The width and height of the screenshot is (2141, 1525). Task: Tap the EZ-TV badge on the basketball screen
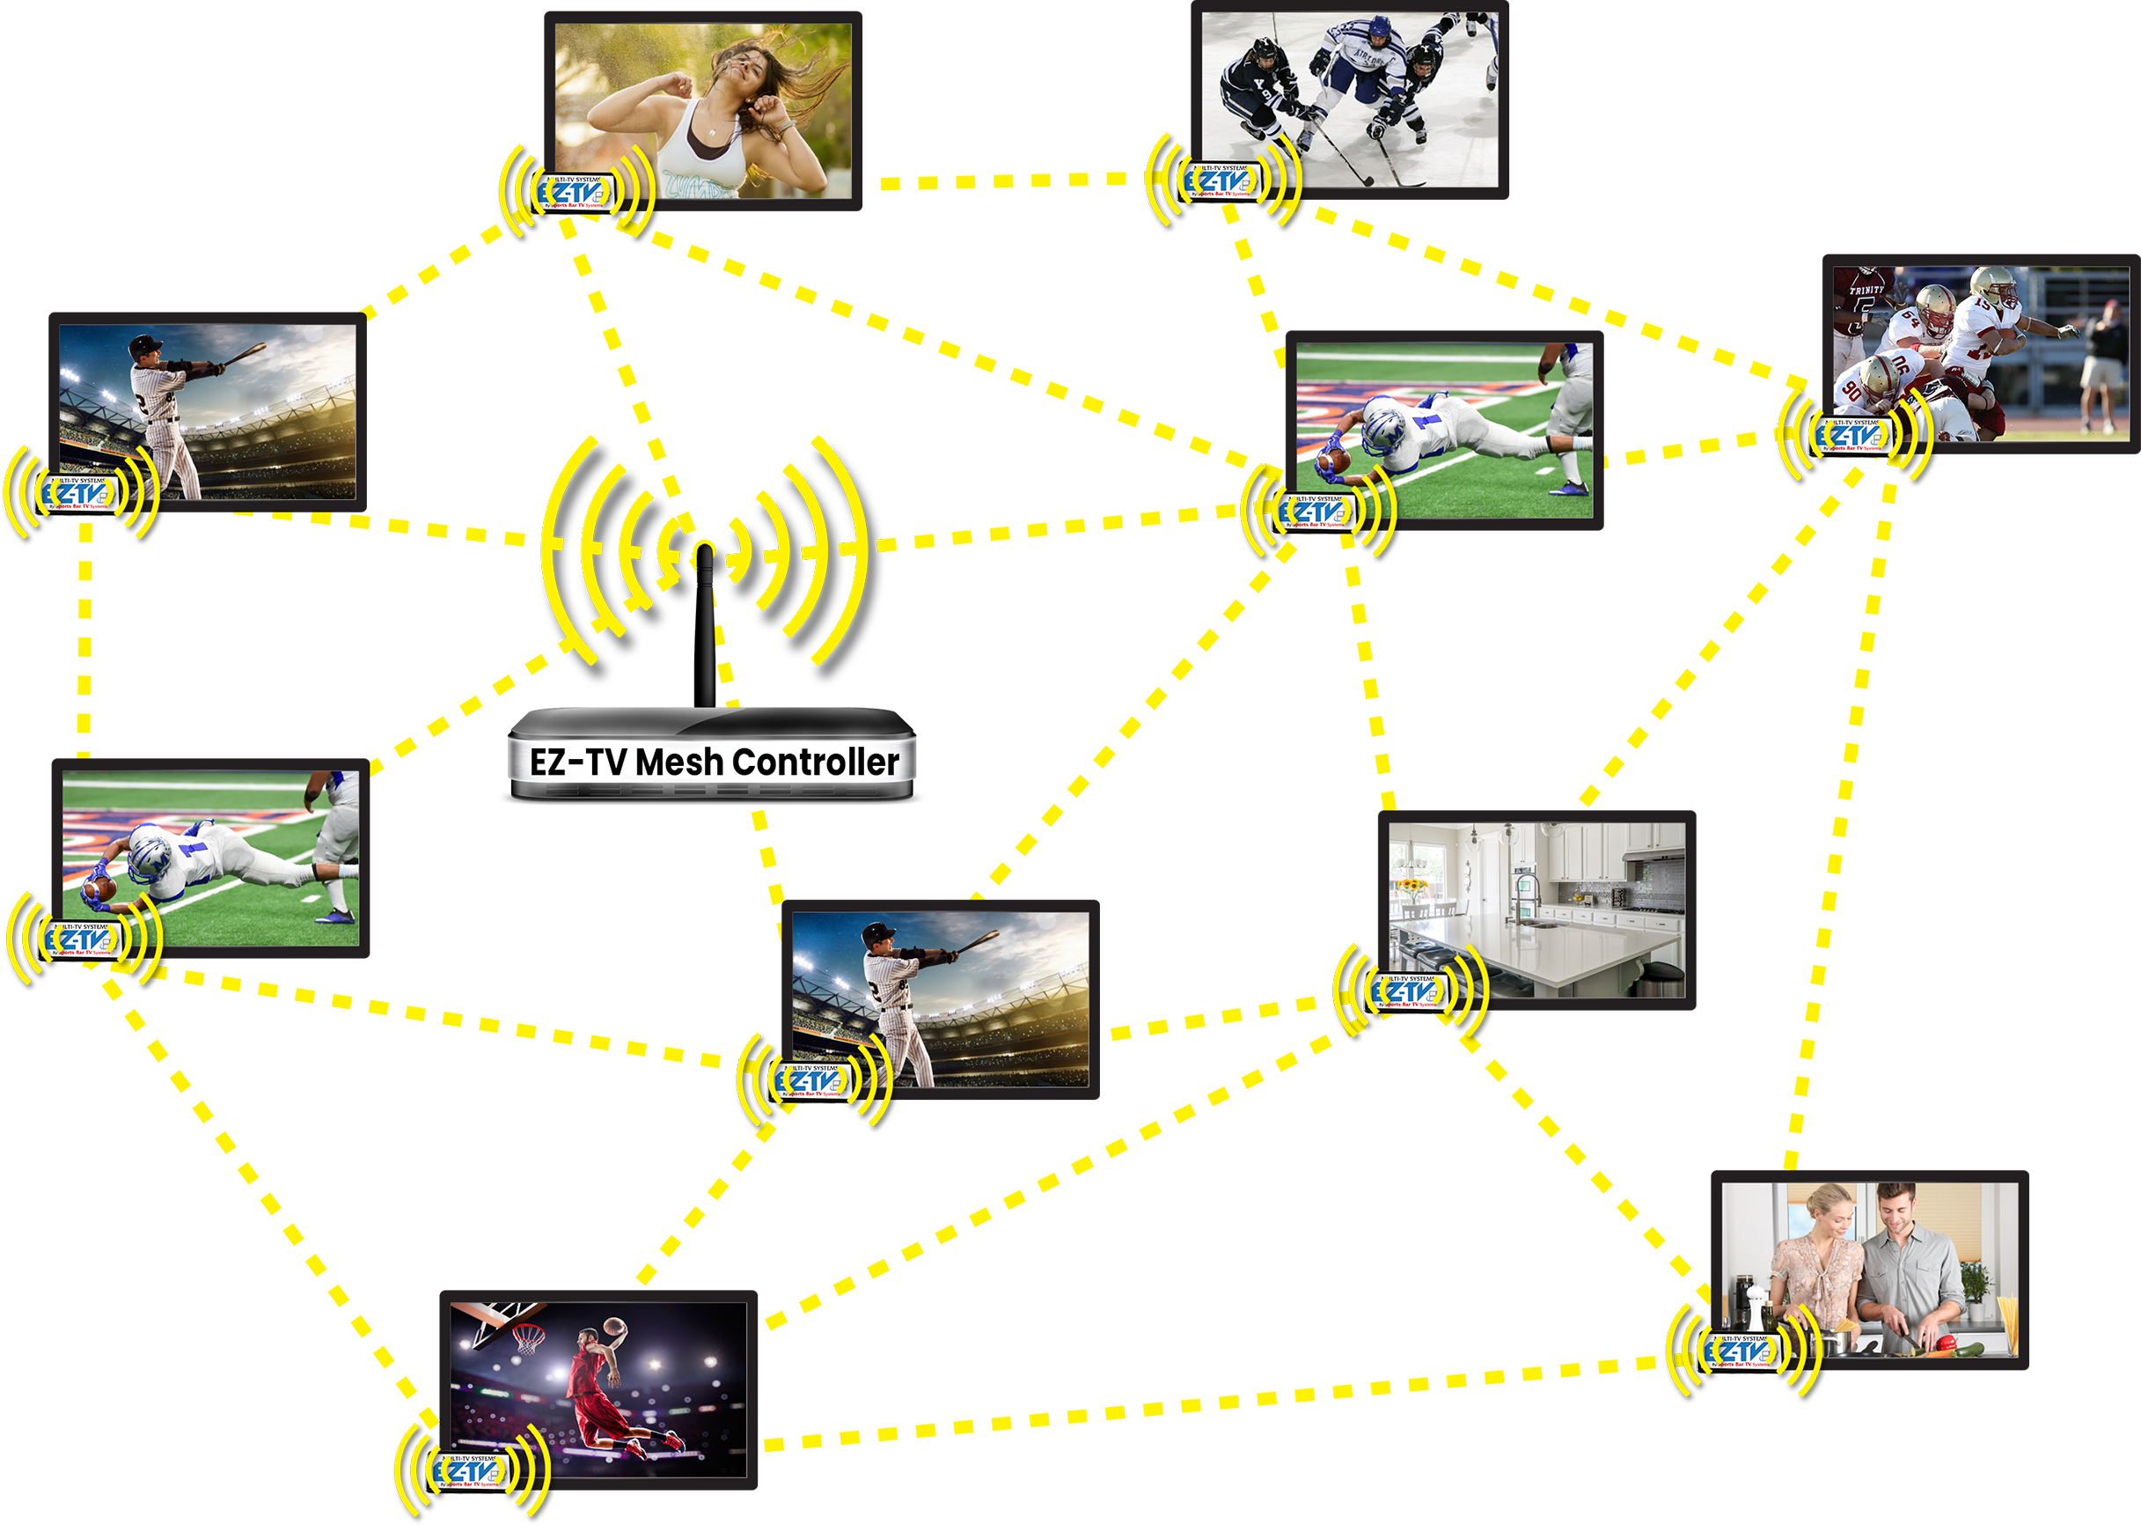(x=469, y=1470)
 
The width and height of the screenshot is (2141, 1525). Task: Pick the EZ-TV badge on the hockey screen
(x=1223, y=181)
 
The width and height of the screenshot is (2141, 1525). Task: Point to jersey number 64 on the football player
(x=1908, y=320)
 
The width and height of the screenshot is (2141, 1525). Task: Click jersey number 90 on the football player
(x=1851, y=387)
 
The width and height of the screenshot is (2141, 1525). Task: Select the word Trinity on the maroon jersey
(x=1866, y=291)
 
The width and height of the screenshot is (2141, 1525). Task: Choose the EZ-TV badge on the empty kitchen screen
(x=1409, y=991)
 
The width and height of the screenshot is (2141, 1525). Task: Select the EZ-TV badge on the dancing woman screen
(x=576, y=193)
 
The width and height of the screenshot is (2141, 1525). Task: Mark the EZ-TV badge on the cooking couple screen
(x=1743, y=1351)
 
